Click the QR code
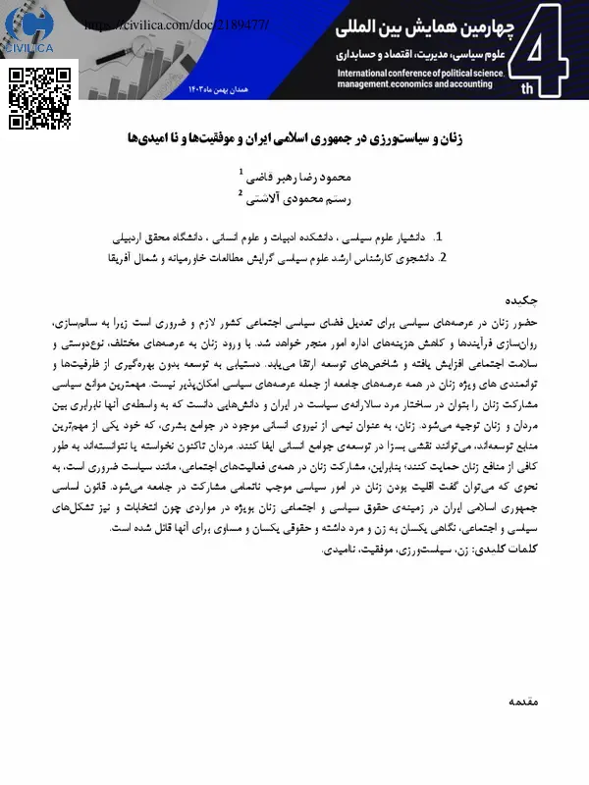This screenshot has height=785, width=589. click(43, 98)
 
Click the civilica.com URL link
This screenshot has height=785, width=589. click(176, 21)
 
